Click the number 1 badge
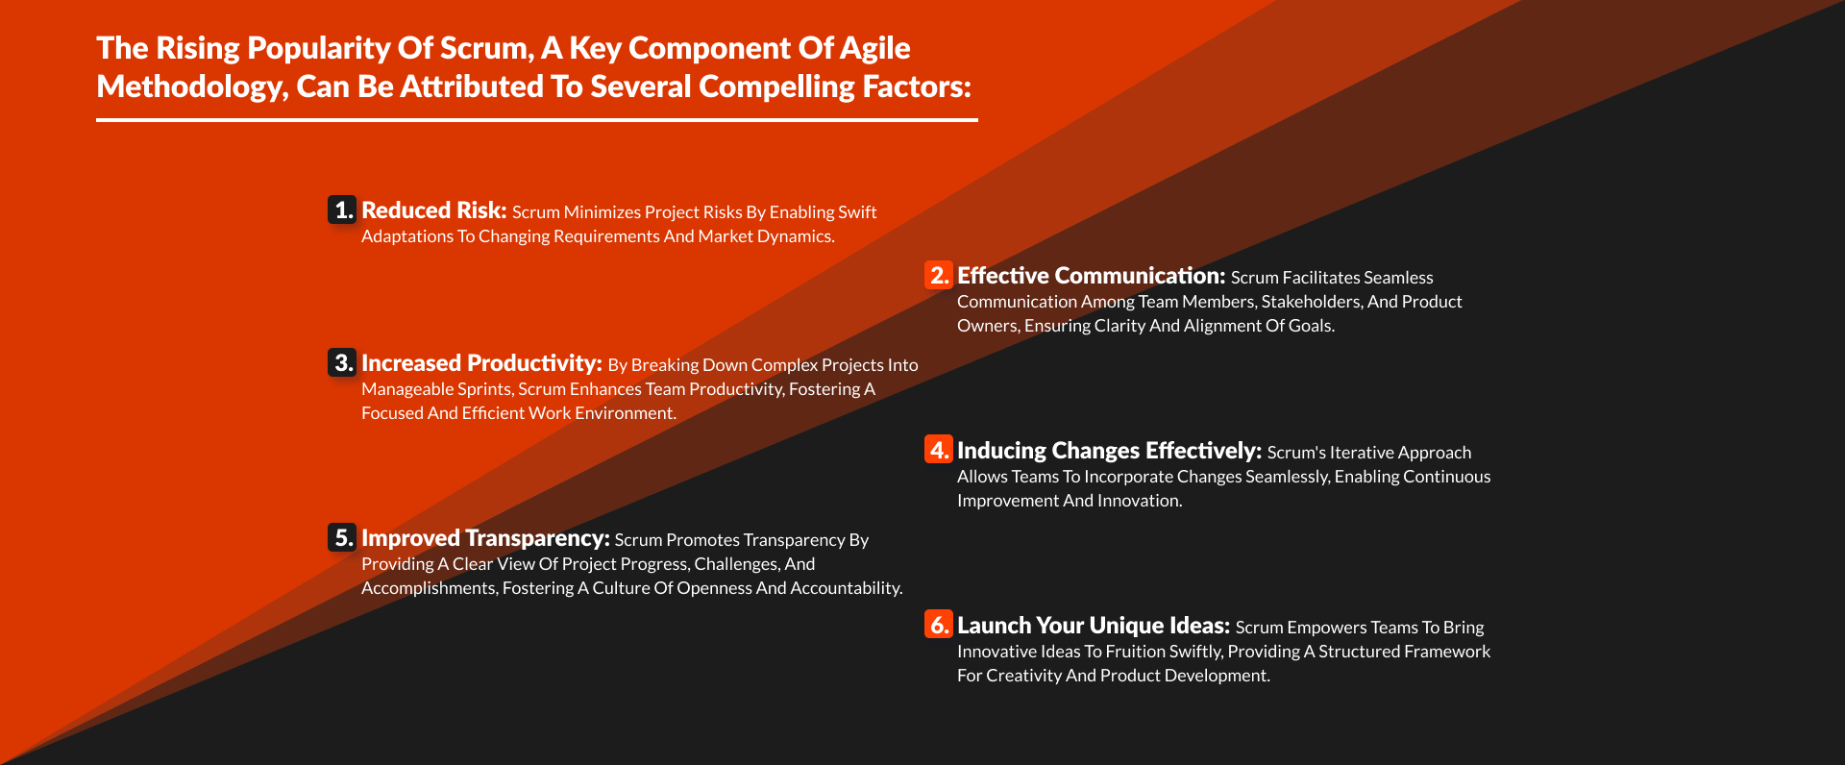342,210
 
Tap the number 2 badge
938,275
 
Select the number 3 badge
342,362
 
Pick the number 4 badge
938,450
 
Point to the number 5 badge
342,537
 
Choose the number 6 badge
938,625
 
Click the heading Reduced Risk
434,210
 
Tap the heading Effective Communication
1092,276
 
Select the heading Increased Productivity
482,363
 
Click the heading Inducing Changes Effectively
1110,451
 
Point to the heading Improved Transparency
486,538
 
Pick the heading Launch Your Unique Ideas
1094,626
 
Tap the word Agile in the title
875,49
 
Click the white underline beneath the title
537,120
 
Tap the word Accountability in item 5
847,588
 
